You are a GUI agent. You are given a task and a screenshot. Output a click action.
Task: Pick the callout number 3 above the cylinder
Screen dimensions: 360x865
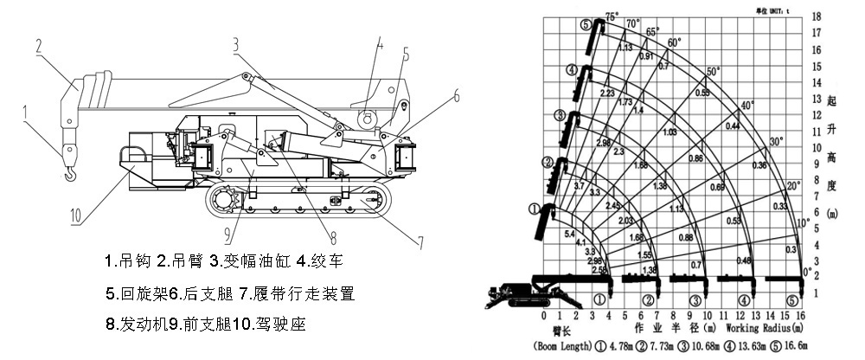[235, 42]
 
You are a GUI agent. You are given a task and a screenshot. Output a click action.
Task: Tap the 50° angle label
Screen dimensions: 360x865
[714, 71]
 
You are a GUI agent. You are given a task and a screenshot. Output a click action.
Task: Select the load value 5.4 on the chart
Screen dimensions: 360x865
[569, 235]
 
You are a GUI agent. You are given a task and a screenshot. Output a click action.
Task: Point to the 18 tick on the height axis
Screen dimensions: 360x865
[816, 16]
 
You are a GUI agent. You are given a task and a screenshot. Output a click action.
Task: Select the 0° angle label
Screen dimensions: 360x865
[808, 271]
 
